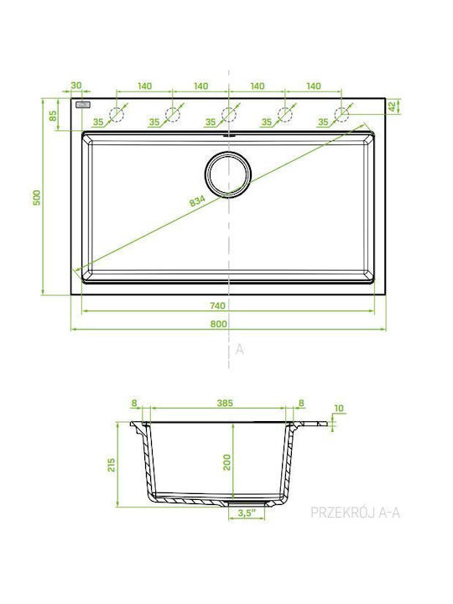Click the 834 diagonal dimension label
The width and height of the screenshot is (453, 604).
coord(197,201)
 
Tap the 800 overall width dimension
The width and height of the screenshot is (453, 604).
coord(218,324)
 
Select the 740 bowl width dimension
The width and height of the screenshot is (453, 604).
coord(217,306)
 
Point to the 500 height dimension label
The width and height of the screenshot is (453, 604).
coord(37,197)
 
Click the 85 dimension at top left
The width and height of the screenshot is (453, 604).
coord(53,115)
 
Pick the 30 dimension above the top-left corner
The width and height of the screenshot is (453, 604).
coord(76,85)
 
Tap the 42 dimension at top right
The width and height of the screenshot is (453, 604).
coord(393,107)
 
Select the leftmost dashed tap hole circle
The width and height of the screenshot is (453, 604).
coord(116,114)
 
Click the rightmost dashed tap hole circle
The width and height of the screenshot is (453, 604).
coord(341,114)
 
